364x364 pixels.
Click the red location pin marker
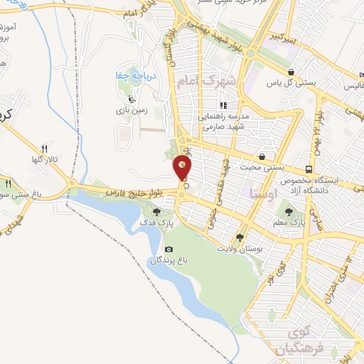(183, 168)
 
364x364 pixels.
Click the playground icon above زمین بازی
(129, 99)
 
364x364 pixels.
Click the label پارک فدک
(159, 224)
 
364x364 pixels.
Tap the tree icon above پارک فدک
(157, 211)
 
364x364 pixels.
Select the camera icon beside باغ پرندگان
(168, 249)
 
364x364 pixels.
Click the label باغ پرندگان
(167, 261)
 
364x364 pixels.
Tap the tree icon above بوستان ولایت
(240, 238)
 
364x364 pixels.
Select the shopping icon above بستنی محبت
(262, 156)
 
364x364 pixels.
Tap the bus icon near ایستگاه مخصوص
(309, 169)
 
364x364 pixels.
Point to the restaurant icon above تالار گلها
(44, 148)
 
